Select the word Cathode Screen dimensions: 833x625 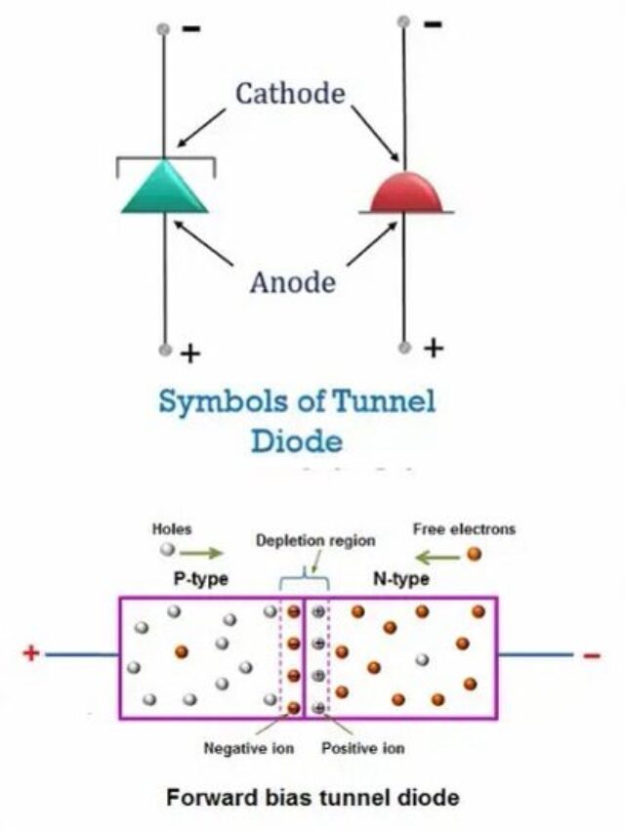pos(290,94)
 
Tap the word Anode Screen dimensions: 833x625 pos(292,283)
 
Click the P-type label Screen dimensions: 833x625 pos(200,579)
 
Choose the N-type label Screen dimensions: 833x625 pos(401,579)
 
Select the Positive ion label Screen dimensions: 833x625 pos(363,749)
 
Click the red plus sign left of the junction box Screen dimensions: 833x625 pos(31,652)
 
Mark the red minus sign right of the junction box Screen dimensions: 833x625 pos(592,654)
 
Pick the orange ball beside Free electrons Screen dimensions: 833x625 pos(475,554)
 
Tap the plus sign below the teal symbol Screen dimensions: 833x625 pos(190,354)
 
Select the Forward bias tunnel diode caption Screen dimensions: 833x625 pos(312,798)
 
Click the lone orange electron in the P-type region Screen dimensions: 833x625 pos(181,650)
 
